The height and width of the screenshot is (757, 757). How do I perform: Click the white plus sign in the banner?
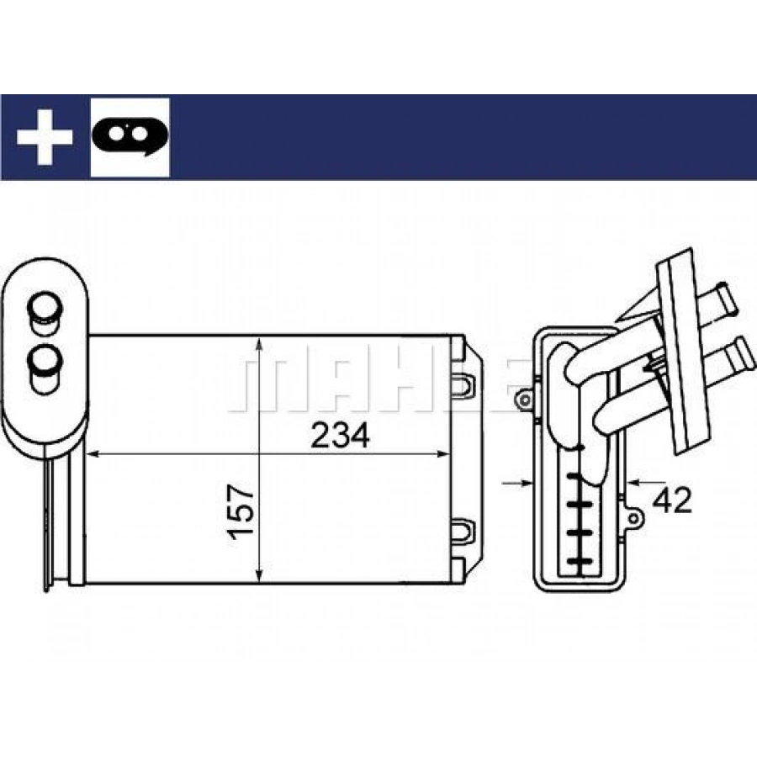pyautogui.click(x=45, y=136)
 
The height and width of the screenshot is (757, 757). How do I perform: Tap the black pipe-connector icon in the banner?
pyautogui.click(x=130, y=135)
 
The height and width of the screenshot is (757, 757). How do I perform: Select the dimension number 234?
pyautogui.click(x=341, y=435)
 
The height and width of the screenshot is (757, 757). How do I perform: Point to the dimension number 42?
pyautogui.click(x=672, y=500)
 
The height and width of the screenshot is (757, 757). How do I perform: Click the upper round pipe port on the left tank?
pyautogui.click(x=45, y=311)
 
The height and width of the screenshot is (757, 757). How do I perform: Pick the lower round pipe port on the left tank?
pyautogui.click(x=45, y=368)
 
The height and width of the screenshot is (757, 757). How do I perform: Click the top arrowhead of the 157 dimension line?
pyautogui.click(x=260, y=344)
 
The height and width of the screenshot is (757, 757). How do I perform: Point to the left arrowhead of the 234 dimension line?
pyautogui.click(x=93, y=454)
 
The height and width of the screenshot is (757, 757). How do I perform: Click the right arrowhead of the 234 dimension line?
pyautogui.click(x=443, y=454)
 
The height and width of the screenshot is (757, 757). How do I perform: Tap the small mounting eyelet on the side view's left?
pyautogui.click(x=523, y=400)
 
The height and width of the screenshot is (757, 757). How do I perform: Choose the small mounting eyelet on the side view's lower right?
pyautogui.click(x=634, y=518)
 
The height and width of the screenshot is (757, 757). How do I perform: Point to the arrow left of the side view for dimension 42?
pyautogui.click(x=517, y=482)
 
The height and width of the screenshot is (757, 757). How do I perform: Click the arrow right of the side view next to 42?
pyautogui.click(x=647, y=482)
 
